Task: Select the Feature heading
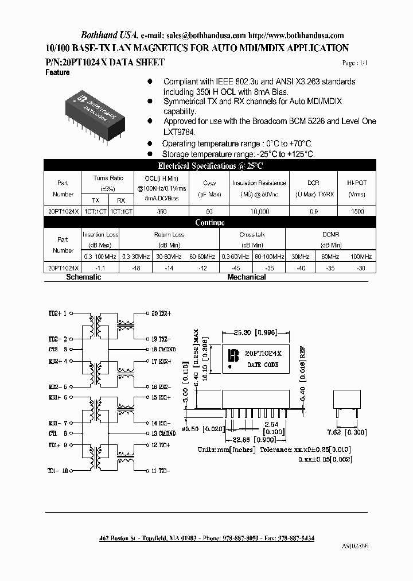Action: [x=57, y=73]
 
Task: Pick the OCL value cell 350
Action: [x=161, y=211]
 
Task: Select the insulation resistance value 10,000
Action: [x=259, y=211]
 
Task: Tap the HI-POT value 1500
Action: [x=357, y=211]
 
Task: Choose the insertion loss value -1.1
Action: [x=101, y=268]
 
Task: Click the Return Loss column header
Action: [x=169, y=235]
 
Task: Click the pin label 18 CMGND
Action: [x=163, y=349]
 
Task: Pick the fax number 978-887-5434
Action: [x=295, y=538]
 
